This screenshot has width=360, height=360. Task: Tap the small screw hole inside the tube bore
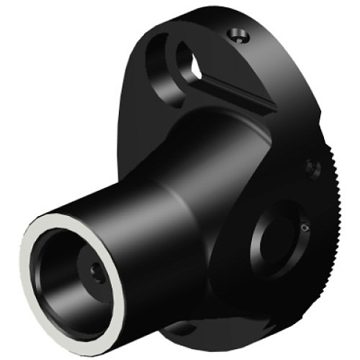pos(98,273)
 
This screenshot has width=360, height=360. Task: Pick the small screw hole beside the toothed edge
pos(313,168)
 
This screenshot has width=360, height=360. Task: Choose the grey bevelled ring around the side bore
pos(257,250)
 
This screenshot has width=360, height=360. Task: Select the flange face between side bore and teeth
pos(320,242)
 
